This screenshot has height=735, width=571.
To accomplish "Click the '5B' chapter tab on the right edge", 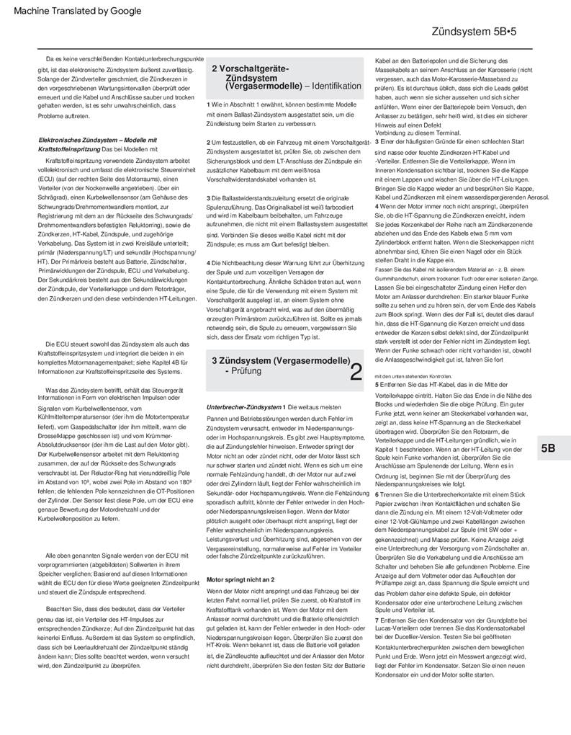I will click(x=548, y=448).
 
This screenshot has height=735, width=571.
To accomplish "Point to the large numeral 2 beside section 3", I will click(x=355, y=372).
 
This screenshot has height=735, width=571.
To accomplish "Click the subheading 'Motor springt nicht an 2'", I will click(x=240, y=579).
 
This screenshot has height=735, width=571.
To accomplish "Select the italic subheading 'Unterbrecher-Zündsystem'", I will click(x=243, y=407).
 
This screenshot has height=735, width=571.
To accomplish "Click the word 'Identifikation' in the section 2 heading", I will click(x=336, y=86).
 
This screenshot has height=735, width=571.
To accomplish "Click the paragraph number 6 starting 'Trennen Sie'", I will click(x=377, y=535).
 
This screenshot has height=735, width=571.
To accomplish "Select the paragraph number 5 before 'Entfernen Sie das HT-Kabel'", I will click(x=377, y=385).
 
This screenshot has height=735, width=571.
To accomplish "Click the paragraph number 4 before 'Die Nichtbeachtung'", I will click(x=208, y=262).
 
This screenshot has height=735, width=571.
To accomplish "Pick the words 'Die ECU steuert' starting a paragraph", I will click(x=68, y=344).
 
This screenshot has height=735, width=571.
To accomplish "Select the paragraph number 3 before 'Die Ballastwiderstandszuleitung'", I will click(x=208, y=197).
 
